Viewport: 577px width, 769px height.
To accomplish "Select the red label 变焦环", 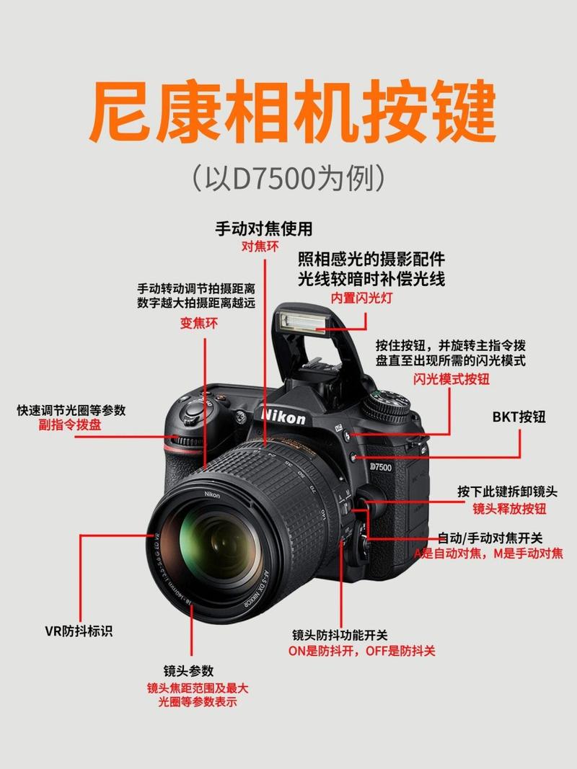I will pyautogui.click(x=198, y=324).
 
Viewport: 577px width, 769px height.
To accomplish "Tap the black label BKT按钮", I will pyautogui.click(x=519, y=417).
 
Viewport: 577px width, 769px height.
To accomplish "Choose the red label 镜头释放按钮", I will pyautogui.click(x=509, y=509).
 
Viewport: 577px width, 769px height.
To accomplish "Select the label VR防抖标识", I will pyautogui.click(x=79, y=632).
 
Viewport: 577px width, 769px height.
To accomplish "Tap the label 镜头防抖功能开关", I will pyautogui.click(x=340, y=635).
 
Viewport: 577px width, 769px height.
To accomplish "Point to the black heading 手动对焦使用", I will pyautogui.click(x=265, y=229).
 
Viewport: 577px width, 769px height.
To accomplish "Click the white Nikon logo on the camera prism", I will pyautogui.click(x=283, y=417).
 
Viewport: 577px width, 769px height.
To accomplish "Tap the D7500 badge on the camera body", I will pyautogui.click(x=380, y=467).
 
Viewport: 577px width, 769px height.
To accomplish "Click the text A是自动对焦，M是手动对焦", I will pyautogui.click(x=488, y=554).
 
